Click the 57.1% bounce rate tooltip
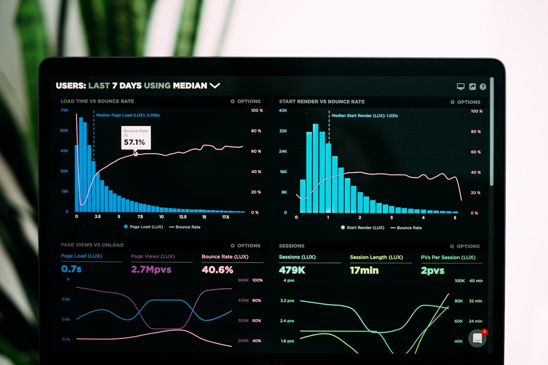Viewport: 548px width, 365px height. click(x=136, y=138)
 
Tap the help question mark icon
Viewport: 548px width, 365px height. click(x=483, y=87)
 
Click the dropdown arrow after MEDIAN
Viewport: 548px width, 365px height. click(x=215, y=86)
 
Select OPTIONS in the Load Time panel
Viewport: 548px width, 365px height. click(x=246, y=101)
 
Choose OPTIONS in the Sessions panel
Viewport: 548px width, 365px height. click(x=465, y=246)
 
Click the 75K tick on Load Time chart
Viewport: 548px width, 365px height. click(x=64, y=110)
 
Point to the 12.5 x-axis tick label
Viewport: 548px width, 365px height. click(x=183, y=217)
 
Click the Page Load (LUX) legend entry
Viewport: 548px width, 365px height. click(x=144, y=227)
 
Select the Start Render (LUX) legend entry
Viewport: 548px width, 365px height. click(x=362, y=228)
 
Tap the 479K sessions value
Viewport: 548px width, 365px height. click(x=292, y=270)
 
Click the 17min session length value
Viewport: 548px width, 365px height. click(x=364, y=270)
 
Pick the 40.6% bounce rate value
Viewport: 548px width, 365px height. click(x=217, y=270)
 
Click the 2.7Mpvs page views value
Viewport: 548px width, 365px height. click(x=151, y=269)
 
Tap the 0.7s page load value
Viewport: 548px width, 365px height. click(x=71, y=269)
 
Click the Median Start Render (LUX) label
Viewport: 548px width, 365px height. click(x=365, y=116)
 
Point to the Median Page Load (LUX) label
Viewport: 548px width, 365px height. click(x=128, y=115)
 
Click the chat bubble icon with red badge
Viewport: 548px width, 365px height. click(x=478, y=338)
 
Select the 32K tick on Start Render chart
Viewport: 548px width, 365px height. click(x=283, y=131)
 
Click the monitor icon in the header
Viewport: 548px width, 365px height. click(x=461, y=87)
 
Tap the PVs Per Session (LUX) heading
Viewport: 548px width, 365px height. click(x=448, y=257)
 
